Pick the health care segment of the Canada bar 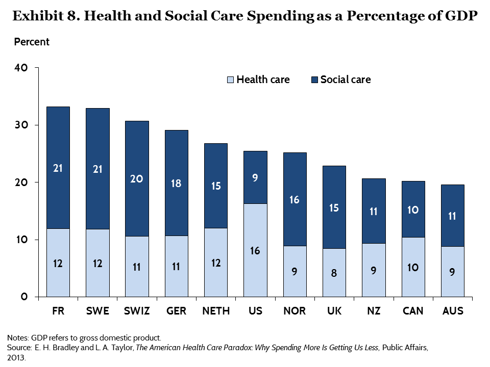click(x=413, y=267)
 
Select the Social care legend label click(x=345, y=80)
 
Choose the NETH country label click(x=216, y=311)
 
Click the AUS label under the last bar click(x=453, y=311)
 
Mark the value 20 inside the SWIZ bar click(x=137, y=179)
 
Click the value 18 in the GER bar click(x=177, y=183)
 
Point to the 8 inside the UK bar click(x=334, y=273)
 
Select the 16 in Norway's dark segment click(x=295, y=200)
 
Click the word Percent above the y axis click(x=32, y=42)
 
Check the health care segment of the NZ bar click(x=374, y=270)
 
